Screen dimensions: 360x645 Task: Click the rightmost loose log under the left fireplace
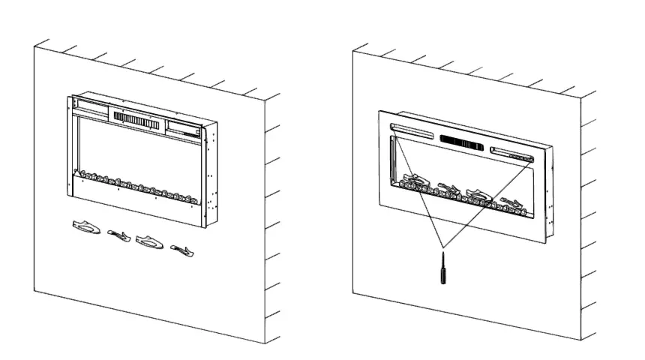pos(182,250)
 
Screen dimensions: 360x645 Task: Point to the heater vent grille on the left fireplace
pos(137,120)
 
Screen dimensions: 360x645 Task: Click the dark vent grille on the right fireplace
pos(463,142)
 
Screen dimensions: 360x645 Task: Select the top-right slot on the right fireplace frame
pos(513,154)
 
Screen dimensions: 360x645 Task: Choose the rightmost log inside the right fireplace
pos(514,203)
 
